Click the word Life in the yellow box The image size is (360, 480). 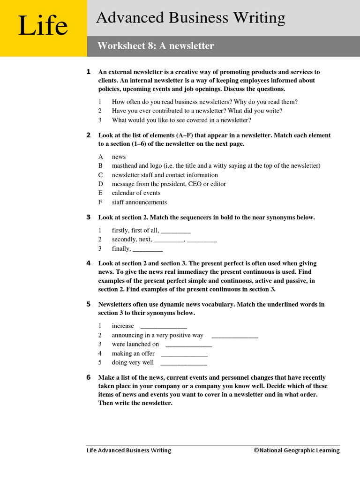point(43,27)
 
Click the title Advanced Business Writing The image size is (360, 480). point(190,18)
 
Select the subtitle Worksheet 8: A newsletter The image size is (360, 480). point(156,46)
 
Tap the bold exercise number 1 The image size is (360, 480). point(89,72)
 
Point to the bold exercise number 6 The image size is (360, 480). point(89,377)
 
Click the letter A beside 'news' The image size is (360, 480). point(100,157)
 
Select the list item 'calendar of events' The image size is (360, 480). point(136,193)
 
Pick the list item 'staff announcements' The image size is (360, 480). point(139,202)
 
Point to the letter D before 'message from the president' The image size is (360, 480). point(100,184)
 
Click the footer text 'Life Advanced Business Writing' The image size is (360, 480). point(129,450)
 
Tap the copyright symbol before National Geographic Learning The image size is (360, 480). point(256,450)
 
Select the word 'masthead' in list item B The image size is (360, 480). point(124,166)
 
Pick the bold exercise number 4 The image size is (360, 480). point(89,263)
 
